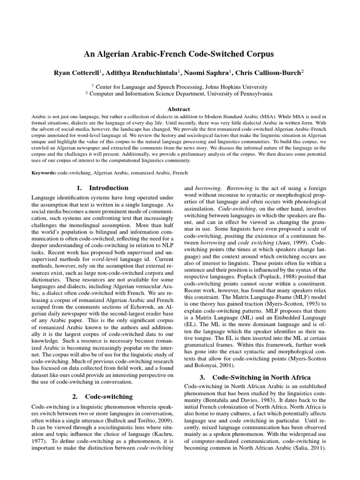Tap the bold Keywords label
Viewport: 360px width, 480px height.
(x=44, y=173)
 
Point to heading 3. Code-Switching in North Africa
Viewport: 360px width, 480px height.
(x=256, y=377)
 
